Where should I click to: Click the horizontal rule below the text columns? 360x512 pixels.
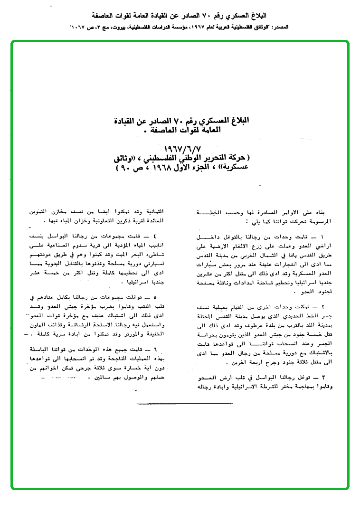click(185, 404)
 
